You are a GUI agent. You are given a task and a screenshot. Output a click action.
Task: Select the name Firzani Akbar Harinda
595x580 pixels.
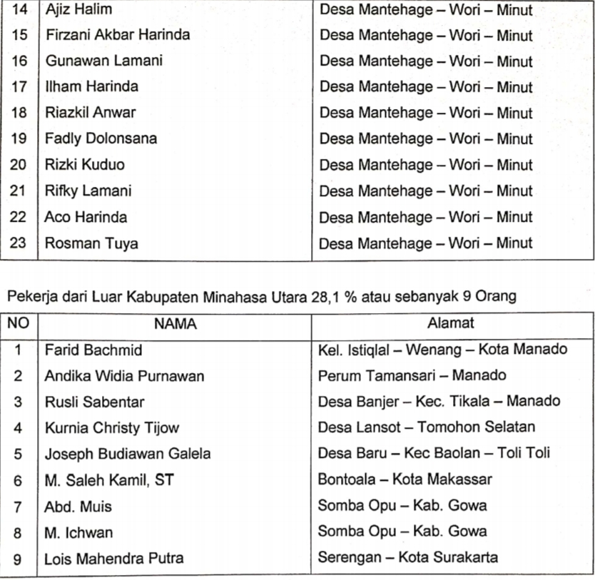click(x=118, y=36)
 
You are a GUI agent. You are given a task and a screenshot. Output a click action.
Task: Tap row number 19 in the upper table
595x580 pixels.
click(x=19, y=138)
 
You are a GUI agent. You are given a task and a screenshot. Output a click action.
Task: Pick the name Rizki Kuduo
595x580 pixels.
click(x=85, y=165)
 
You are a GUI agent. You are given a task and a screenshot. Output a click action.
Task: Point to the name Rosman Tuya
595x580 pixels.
click(x=91, y=243)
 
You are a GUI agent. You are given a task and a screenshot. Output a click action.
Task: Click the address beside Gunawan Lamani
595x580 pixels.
click(x=426, y=61)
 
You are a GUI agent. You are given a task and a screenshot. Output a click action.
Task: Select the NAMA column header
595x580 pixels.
click(x=175, y=324)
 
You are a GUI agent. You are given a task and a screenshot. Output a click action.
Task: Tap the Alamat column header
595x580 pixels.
click(x=451, y=323)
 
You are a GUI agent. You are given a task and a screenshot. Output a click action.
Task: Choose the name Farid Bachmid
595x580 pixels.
click(x=93, y=350)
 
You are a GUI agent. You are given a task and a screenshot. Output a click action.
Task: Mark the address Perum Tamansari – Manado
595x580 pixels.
click(x=412, y=375)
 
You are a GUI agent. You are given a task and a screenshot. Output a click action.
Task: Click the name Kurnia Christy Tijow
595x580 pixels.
click(x=112, y=428)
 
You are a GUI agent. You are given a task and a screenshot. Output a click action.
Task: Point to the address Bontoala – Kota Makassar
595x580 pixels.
click(x=405, y=480)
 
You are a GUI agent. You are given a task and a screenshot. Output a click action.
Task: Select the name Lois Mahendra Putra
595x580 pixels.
click(x=113, y=558)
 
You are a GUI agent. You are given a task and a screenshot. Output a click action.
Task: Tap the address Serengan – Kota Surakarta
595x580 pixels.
click(x=408, y=557)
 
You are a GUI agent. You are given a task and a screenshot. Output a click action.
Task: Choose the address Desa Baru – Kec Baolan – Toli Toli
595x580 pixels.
click(x=434, y=454)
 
